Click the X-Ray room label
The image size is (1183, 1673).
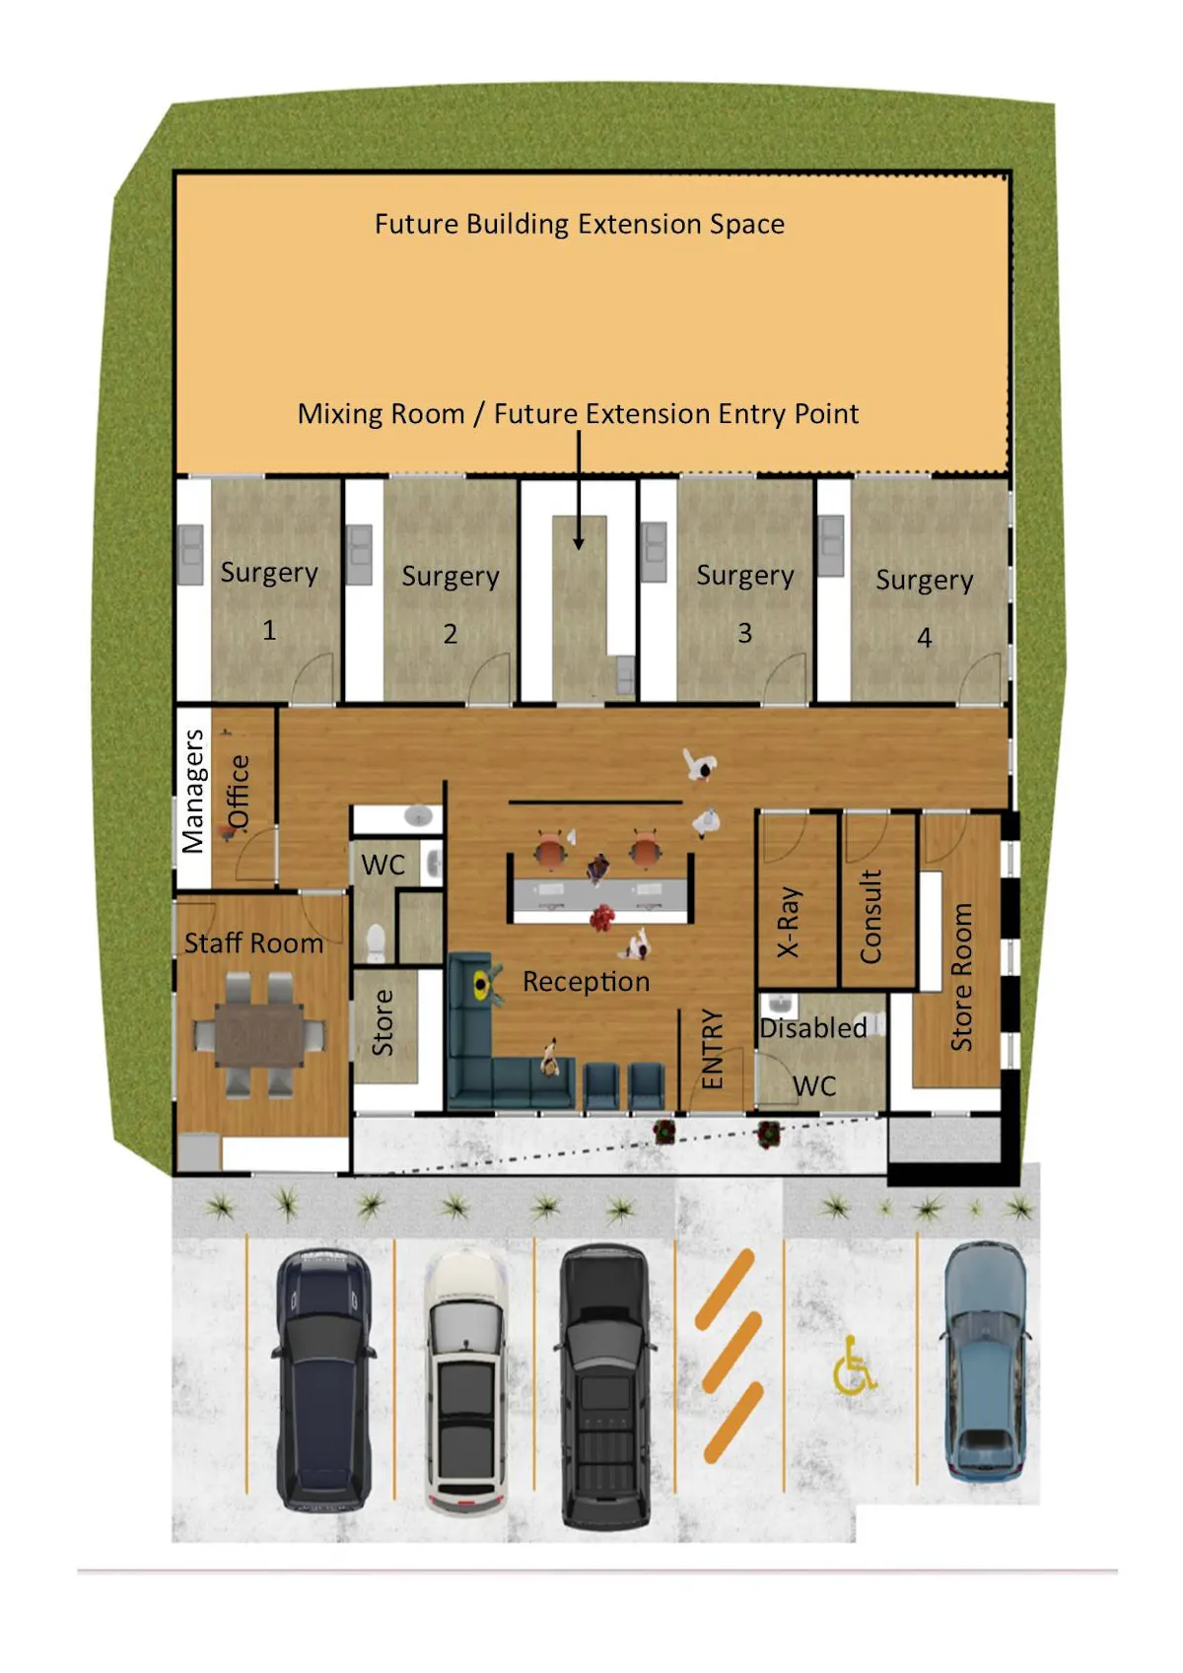(789, 923)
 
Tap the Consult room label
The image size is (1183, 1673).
(870, 917)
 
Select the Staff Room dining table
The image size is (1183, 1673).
(259, 1034)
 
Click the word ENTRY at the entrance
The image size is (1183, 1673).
(713, 1049)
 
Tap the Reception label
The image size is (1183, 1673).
(587, 981)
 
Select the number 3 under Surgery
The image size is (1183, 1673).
(744, 633)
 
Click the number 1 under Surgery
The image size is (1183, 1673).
(269, 630)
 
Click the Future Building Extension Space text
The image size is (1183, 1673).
(580, 224)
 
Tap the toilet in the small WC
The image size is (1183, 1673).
(376, 942)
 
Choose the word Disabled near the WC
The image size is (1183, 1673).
(813, 1028)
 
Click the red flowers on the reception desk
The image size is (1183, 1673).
(602, 917)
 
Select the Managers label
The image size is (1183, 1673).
(192, 791)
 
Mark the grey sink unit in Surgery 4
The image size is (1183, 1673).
(831, 545)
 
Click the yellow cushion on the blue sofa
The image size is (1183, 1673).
(480, 985)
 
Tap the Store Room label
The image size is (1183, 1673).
(961, 976)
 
